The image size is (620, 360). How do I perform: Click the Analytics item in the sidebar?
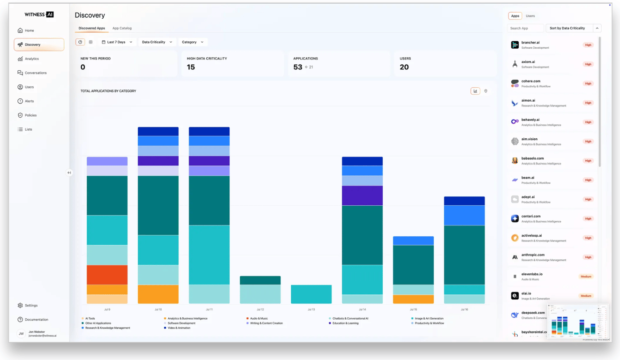coord(31,59)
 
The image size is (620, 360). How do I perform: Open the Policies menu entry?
coord(30,115)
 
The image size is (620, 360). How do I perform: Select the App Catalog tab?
coord(122,28)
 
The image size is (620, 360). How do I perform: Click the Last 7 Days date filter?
coord(117,42)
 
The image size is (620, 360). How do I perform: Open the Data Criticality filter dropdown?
coord(157,42)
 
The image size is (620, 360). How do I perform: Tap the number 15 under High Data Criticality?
coord(191,67)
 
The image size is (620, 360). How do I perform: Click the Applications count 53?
coord(298,67)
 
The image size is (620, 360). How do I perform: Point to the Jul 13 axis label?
coord(311,309)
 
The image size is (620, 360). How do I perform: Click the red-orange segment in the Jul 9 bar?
coord(107,275)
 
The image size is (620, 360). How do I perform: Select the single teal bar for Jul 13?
coord(311,294)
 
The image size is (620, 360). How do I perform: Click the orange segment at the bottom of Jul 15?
coord(413,299)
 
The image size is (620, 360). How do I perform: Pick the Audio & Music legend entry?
coord(259,318)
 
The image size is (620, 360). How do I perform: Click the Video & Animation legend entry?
coord(179,328)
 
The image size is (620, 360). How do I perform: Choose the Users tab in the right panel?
coord(530,16)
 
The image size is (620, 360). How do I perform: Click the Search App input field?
coord(526,28)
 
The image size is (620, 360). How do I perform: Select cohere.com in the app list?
coord(531,81)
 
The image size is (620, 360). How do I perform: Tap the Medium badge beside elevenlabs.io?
coord(586,277)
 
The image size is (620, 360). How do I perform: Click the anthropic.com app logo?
coord(514,257)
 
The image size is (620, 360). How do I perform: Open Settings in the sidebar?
coord(31,306)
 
